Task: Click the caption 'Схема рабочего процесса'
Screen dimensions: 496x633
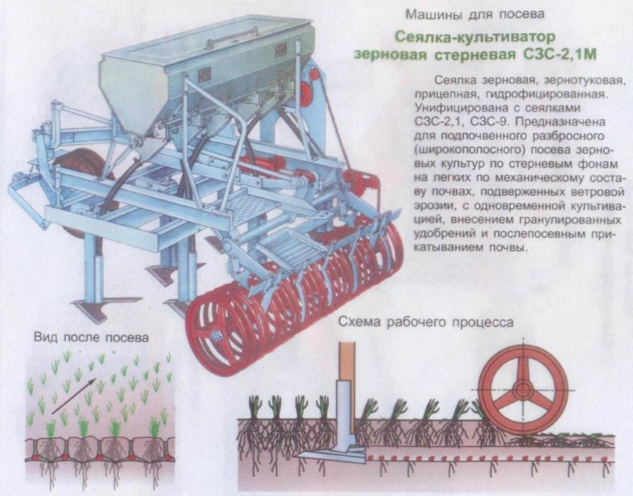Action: tap(427, 322)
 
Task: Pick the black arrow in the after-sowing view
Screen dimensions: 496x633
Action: tap(74, 396)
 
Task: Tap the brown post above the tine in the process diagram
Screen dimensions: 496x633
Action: tap(347, 361)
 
